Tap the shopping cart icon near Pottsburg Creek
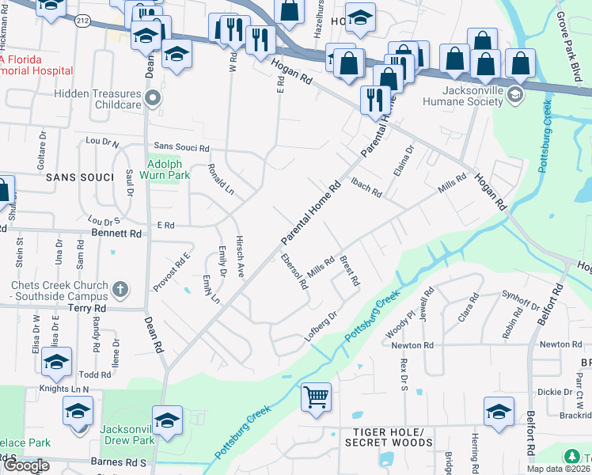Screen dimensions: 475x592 click(316, 396)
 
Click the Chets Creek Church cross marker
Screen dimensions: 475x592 click(120, 289)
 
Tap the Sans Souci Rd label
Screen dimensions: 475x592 click(181, 147)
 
